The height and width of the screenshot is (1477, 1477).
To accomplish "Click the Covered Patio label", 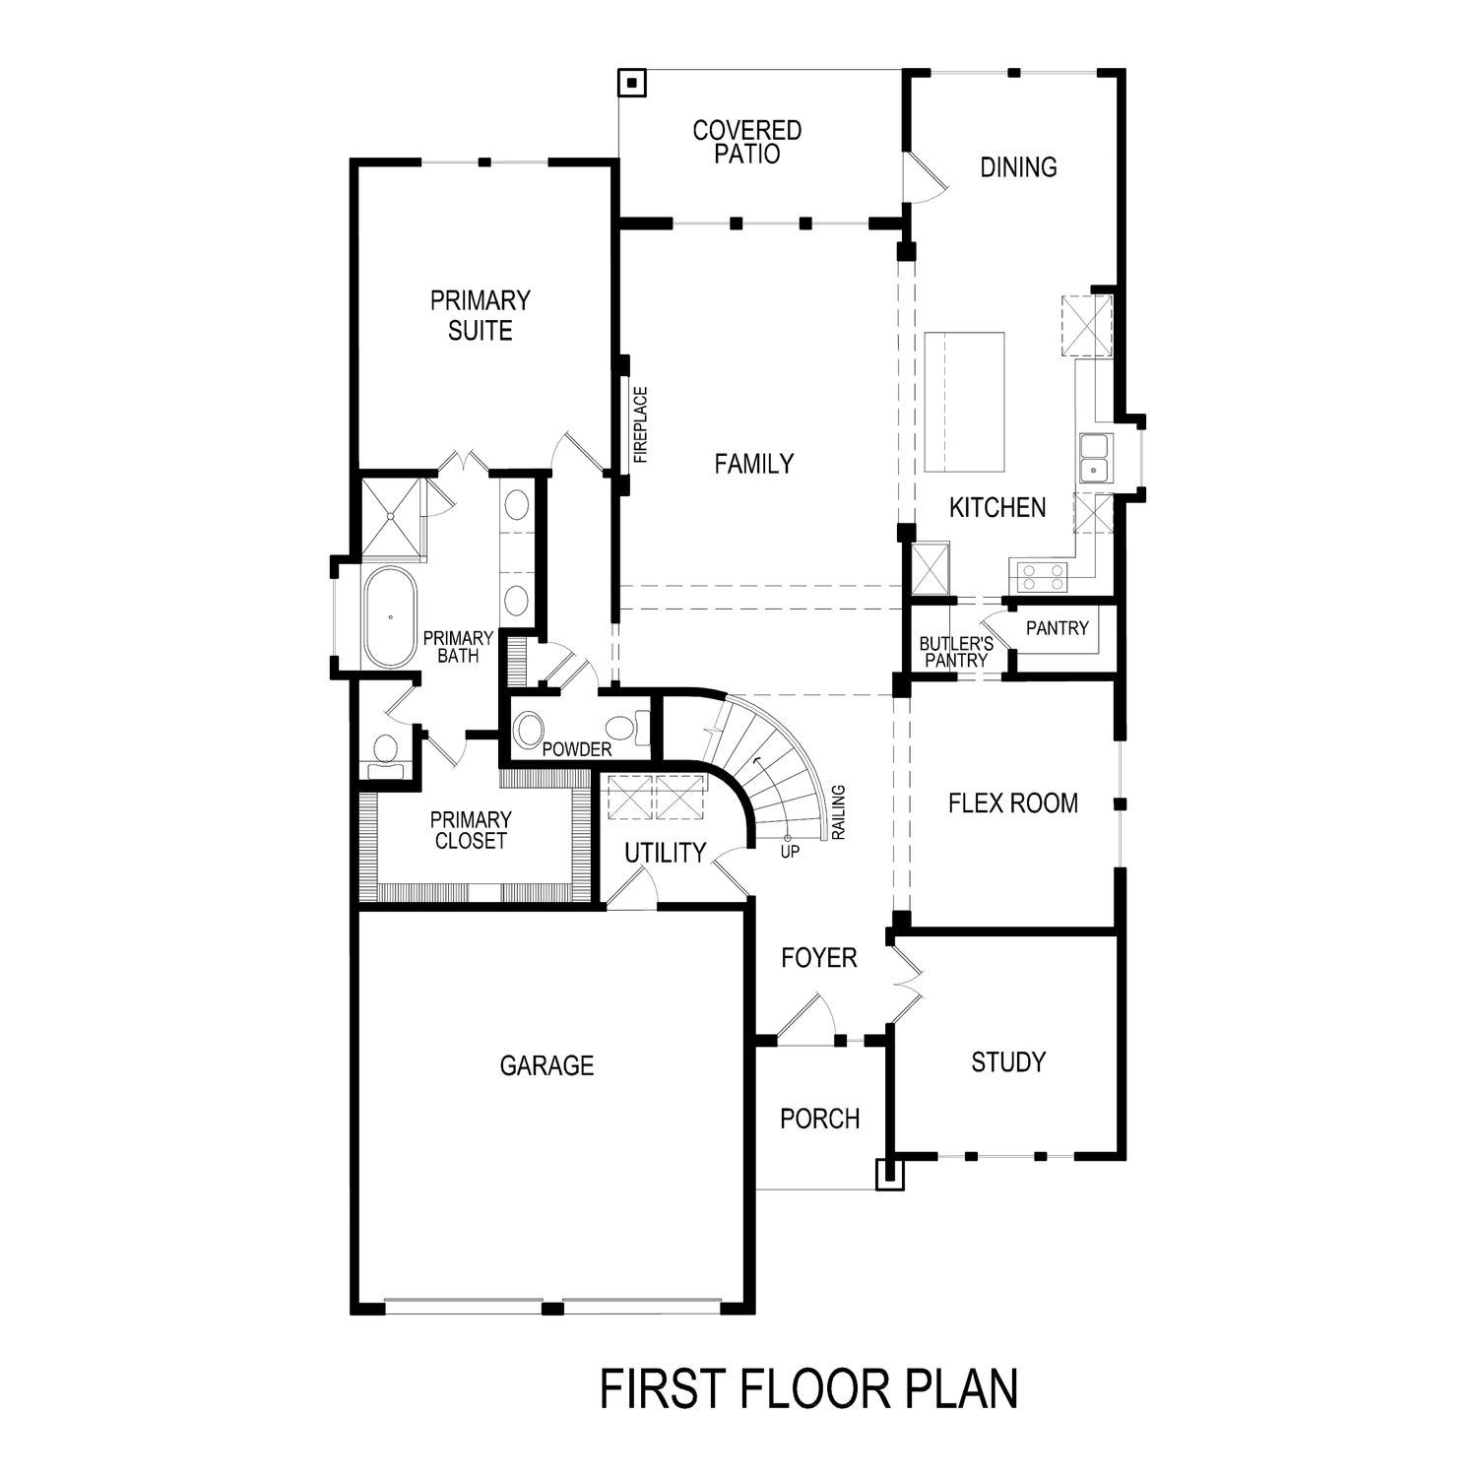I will pyautogui.click(x=746, y=143).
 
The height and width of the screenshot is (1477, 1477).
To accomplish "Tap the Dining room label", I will pyautogui.click(x=1018, y=167).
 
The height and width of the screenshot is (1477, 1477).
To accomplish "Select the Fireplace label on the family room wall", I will pyautogui.click(x=641, y=425).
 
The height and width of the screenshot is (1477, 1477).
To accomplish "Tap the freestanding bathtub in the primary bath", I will pyautogui.click(x=390, y=617).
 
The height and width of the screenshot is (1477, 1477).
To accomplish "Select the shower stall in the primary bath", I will pyautogui.click(x=392, y=518).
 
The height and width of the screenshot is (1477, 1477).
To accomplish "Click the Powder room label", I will pyautogui.click(x=577, y=749).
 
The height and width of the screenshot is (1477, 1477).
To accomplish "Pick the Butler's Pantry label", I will pyautogui.click(x=955, y=652).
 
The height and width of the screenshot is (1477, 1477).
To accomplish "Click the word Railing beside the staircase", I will pyautogui.click(x=839, y=812).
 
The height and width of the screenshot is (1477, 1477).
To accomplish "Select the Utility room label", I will pyautogui.click(x=666, y=853).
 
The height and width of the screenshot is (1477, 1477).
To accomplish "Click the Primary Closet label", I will pyautogui.click(x=471, y=830).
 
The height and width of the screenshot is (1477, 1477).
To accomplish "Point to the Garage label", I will pyautogui.click(x=546, y=1065).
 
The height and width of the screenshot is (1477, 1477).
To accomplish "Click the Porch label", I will pyautogui.click(x=819, y=1119).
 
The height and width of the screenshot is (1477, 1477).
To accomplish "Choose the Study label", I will pyautogui.click(x=1008, y=1062).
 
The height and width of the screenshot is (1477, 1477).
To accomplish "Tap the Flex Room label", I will pyautogui.click(x=1012, y=803).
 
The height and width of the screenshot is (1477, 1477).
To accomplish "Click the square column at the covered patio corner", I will pyautogui.click(x=631, y=83).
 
